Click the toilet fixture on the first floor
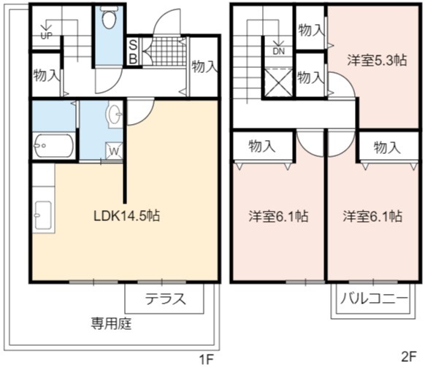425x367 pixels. [x=109, y=17]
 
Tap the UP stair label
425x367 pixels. [x=46, y=36]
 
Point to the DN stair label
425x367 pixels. [x=279, y=51]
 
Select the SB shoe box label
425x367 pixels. [x=133, y=52]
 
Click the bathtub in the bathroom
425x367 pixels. [x=54, y=145]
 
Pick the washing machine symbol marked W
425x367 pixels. [x=114, y=150]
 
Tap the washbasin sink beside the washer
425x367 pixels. [x=115, y=115]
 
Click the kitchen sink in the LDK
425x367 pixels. [x=43, y=215]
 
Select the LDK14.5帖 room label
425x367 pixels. [x=126, y=216]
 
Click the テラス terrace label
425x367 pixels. [x=166, y=299]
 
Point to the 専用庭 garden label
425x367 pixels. [x=112, y=323]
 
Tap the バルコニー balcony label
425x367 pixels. [x=374, y=298]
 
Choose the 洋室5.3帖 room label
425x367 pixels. [x=377, y=61]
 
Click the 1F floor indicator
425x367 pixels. [x=207, y=360]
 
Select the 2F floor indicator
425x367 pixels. [x=408, y=358]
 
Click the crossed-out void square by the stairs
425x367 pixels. [x=278, y=82]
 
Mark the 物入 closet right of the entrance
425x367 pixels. [x=204, y=66]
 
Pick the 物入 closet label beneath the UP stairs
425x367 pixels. [x=46, y=75]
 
